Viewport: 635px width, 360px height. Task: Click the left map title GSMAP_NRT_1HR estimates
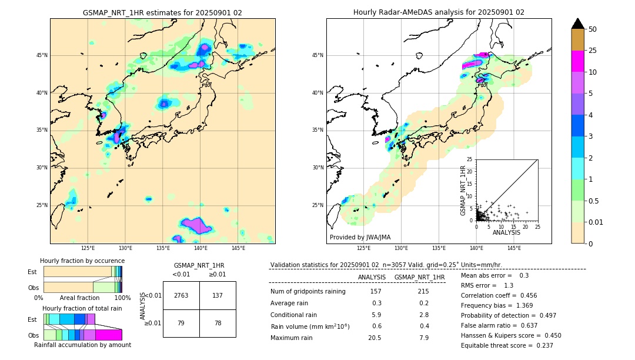[x=162, y=12]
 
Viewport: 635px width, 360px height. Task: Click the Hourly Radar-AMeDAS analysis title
[x=439, y=12]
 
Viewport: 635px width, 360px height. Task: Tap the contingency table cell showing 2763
[x=181, y=295]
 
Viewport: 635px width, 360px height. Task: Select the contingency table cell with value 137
[x=218, y=295]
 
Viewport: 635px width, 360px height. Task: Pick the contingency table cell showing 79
[x=181, y=323]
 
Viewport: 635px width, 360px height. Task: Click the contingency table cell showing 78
[x=218, y=323]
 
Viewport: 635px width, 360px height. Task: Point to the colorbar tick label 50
[x=593, y=29]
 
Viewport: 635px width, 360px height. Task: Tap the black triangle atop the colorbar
[x=578, y=24]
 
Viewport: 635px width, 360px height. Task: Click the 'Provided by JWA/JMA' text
[x=360, y=237]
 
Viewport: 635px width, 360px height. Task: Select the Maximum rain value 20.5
[x=375, y=338]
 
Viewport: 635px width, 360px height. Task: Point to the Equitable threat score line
[x=507, y=345]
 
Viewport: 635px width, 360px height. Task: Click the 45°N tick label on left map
[x=42, y=55]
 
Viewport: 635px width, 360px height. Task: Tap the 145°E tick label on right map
[x=514, y=249]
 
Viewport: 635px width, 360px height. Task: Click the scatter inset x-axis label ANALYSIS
[x=507, y=233]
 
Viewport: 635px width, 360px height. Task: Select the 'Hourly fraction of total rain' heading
[x=82, y=308]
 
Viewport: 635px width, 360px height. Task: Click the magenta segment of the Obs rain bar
[x=109, y=335]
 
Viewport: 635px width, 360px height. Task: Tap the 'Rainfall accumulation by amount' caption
[x=82, y=345]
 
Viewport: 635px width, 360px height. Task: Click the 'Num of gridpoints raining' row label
[x=308, y=291]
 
